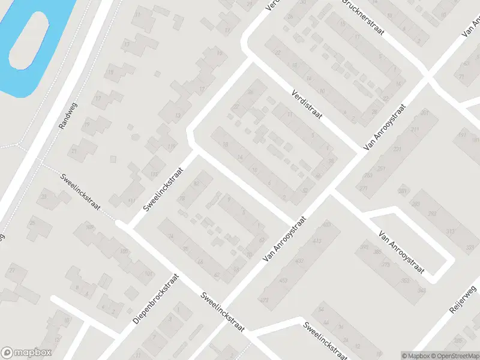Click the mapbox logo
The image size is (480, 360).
(x=26, y=353)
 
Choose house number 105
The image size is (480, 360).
(x=125, y=251)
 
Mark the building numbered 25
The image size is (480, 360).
(x=32, y=223)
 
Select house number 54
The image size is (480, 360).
(x=321, y=309)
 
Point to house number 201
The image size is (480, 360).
(x=425, y=112)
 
